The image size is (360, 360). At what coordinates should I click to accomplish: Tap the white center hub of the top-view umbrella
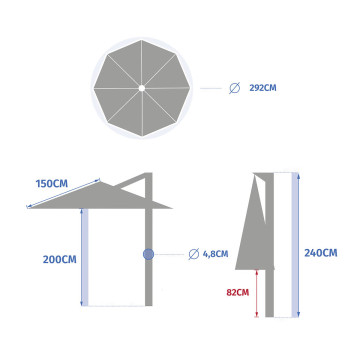(x=143, y=88)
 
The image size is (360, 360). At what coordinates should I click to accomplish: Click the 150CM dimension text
(x=52, y=184)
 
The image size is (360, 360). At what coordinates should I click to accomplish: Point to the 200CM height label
(x=60, y=259)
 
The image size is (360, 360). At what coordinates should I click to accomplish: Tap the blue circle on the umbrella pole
(x=148, y=254)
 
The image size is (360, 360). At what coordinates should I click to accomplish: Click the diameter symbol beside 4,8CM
(x=193, y=254)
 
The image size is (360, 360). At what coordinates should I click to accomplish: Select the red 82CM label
(x=236, y=294)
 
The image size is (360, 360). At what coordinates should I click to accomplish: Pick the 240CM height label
(x=319, y=253)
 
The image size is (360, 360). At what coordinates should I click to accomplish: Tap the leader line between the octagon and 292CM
(x=211, y=88)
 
